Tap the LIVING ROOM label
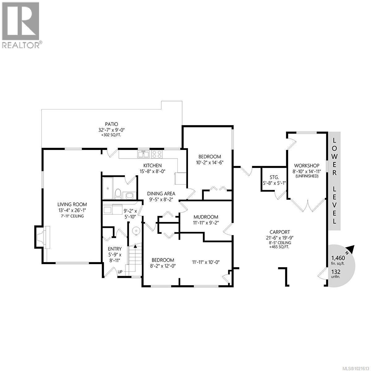coord(72,204)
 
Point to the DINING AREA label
coord(161,194)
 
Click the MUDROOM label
coord(206,217)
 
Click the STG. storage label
coord(274,177)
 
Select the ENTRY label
coord(114,249)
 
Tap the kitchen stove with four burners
coord(156,154)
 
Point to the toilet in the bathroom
coord(118,194)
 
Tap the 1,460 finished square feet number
coord(338,258)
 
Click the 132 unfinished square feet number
coord(336,271)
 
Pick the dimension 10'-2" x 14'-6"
coord(209,162)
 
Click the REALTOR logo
coord(21,25)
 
